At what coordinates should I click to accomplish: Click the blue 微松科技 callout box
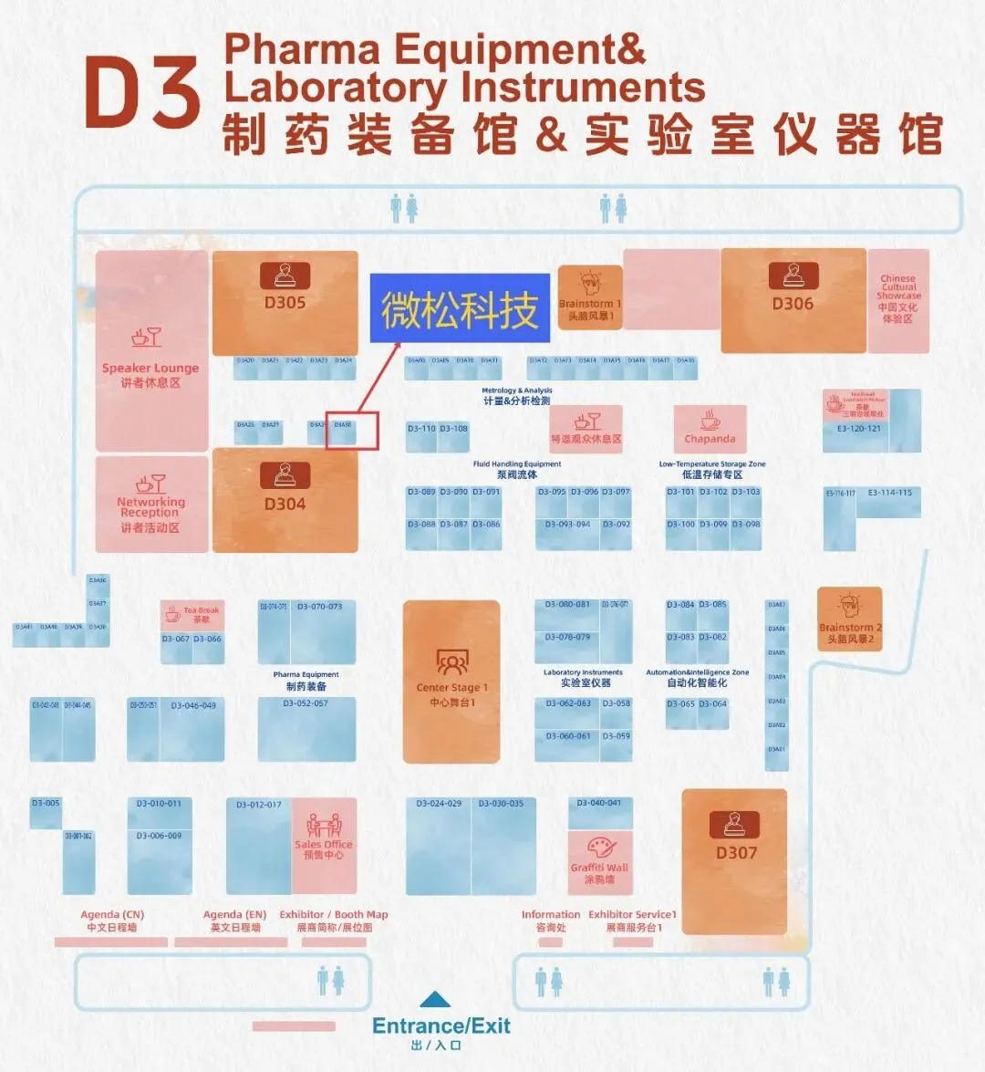(460, 308)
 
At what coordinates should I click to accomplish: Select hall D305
(285, 303)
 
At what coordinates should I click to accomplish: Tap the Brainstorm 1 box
(589, 297)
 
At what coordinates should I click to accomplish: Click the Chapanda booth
(710, 428)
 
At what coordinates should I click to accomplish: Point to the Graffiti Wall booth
(600, 862)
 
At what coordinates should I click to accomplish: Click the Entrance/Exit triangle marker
(435, 1000)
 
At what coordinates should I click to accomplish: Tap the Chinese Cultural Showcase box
(898, 300)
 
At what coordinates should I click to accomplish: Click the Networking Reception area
(151, 504)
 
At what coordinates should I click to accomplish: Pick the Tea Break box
(192, 615)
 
